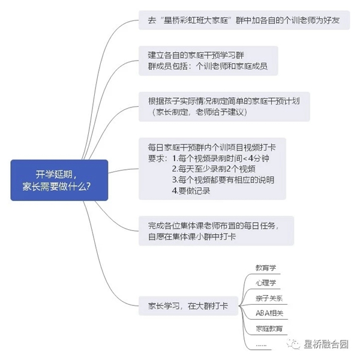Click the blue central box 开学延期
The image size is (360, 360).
pos(59,180)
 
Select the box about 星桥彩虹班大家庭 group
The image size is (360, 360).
pos(244,20)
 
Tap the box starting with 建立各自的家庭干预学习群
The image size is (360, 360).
pos(208,61)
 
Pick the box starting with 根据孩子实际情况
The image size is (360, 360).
pos(224,107)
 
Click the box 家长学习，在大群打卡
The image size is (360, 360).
pos(188,306)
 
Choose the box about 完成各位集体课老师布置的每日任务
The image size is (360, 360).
pos(216,231)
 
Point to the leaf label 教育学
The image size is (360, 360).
pos(266,268)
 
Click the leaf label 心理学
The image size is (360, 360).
pos(266,283)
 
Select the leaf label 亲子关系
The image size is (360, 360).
pos(269,298)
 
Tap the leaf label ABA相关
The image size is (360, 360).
pos(269,313)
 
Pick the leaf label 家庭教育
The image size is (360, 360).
pos(269,329)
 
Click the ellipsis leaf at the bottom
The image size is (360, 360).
pos(261,345)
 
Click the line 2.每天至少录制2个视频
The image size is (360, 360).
pos(214,169)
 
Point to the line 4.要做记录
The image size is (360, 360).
pos(191,191)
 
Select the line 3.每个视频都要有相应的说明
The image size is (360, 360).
pos(223,180)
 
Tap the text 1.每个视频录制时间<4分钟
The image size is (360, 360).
pos(221,158)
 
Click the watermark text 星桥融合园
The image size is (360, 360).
pos(326,344)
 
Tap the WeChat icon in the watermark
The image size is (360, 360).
pos(293,344)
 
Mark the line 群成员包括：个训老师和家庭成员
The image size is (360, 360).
pos(208,66)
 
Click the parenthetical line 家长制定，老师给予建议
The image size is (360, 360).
pos(199,112)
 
